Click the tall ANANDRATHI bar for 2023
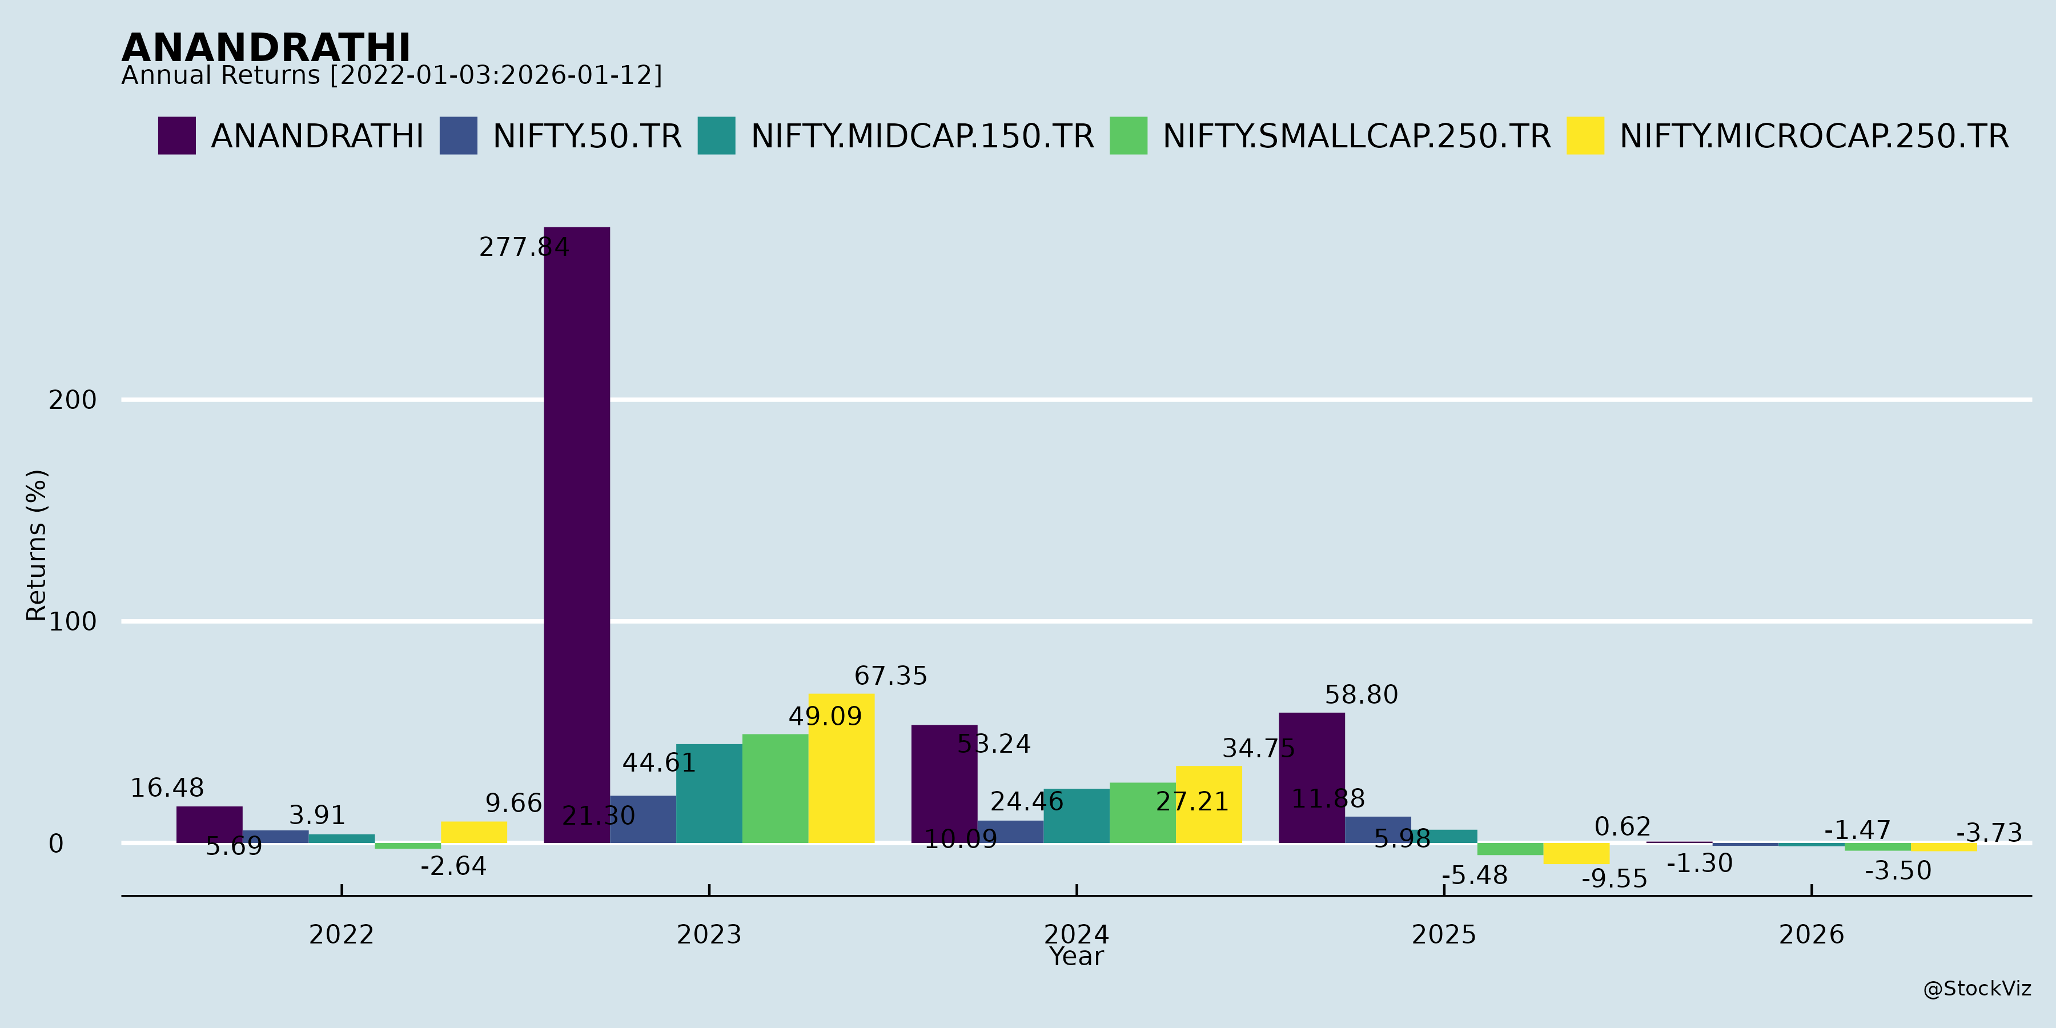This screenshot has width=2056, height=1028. pos(576,535)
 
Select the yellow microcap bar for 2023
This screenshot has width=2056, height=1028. pos(841,768)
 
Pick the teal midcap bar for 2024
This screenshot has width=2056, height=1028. pos(1076,816)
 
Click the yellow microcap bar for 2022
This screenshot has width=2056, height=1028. pos(473,833)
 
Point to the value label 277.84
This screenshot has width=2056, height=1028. pos(524,247)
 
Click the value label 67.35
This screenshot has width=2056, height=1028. pos(891,676)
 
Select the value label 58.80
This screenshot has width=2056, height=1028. pos(1361,695)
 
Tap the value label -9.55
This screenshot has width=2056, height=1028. pos(1614,879)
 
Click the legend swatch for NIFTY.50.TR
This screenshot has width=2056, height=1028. pos(458,136)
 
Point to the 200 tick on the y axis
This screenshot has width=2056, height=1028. pos(73,400)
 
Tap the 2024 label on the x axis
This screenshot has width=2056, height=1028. pos(1076,934)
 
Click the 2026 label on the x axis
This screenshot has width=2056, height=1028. pos(1811,934)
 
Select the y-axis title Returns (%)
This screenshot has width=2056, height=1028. pos(37,545)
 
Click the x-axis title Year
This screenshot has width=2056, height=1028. pos(1076,957)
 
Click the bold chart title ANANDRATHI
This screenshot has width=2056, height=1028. pos(266,48)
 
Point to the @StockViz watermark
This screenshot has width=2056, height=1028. pos(1976,989)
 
